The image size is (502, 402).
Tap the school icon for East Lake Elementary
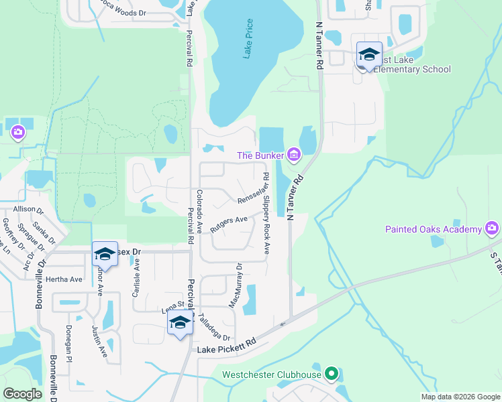[x=369, y=54]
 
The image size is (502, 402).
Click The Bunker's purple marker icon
[x=293, y=155]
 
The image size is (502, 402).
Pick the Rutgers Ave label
[x=229, y=223]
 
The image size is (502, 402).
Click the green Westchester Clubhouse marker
[x=330, y=373]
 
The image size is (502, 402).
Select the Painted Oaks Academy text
[x=434, y=230]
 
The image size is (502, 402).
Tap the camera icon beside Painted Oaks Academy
[x=492, y=229]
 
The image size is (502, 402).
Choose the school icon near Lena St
[x=179, y=323]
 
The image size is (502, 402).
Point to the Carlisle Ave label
[x=138, y=274]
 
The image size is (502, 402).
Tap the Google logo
[x=23, y=394]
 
